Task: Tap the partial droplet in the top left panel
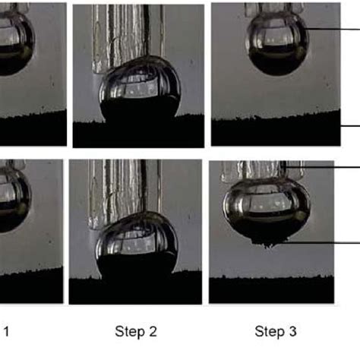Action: click(14, 46)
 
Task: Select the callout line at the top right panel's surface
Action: click(349, 127)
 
